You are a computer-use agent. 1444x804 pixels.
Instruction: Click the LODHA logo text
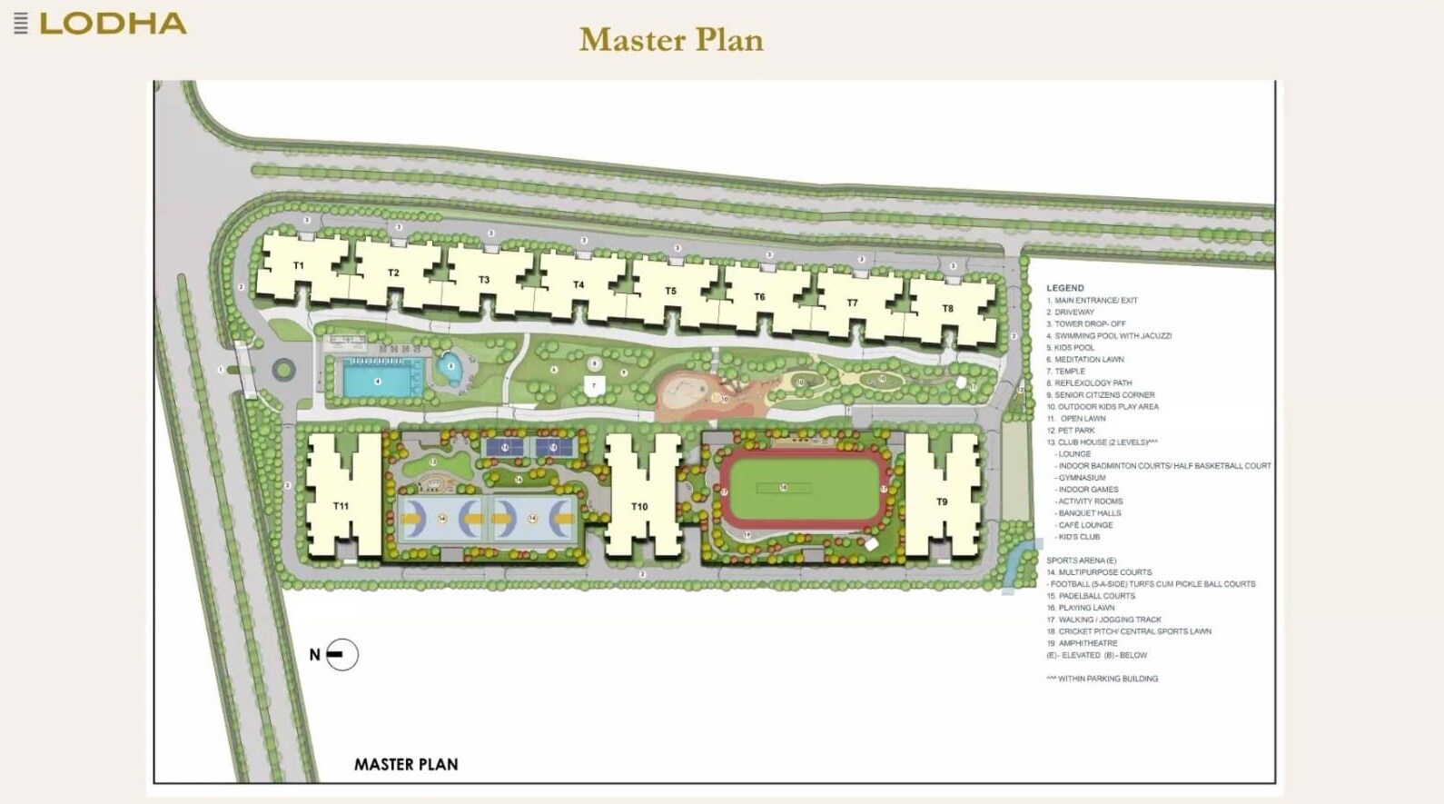(113, 24)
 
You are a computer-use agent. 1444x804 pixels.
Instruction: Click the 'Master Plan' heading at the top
(671, 40)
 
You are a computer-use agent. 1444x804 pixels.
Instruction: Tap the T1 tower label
(299, 265)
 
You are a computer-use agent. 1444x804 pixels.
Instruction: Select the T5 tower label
(670, 292)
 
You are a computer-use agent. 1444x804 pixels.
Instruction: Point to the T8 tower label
(947, 309)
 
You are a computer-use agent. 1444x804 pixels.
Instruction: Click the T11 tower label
(341, 506)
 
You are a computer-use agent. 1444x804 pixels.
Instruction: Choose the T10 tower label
(639, 507)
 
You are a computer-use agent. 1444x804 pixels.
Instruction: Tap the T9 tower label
(942, 501)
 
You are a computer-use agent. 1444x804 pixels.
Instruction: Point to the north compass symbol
(341, 654)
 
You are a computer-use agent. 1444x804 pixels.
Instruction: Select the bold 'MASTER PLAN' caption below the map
(406, 765)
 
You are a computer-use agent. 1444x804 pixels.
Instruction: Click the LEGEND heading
(1064, 288)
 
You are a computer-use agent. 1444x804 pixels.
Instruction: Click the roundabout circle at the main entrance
(283, 370)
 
